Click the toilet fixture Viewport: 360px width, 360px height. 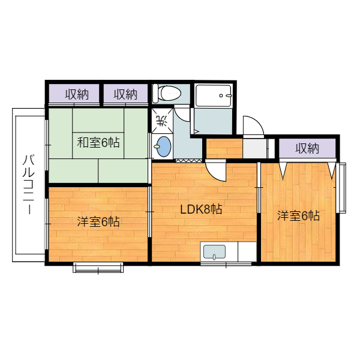point(167,93)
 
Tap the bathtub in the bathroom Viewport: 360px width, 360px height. point(213,95)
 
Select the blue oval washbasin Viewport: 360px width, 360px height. point(163,147)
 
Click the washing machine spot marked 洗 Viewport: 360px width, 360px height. point(162,121)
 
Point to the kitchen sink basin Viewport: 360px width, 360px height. point(214,252)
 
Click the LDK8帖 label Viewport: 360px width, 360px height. point(201,209)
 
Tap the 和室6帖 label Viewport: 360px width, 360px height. point(98,142)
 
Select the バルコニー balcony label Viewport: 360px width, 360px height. point(29,185)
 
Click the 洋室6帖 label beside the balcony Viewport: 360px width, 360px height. point(98,221)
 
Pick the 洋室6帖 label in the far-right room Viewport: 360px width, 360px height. point(298,215)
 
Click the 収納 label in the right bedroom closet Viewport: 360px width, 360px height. point(307,148)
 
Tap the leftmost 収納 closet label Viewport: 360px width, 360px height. point(77,94)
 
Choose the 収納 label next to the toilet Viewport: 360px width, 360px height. point(125,94)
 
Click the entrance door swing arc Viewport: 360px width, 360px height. point(257,121)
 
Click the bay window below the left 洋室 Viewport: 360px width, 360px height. point(98,268)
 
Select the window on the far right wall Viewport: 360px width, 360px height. point(341,188)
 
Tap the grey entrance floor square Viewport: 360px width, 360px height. point(254,148)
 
